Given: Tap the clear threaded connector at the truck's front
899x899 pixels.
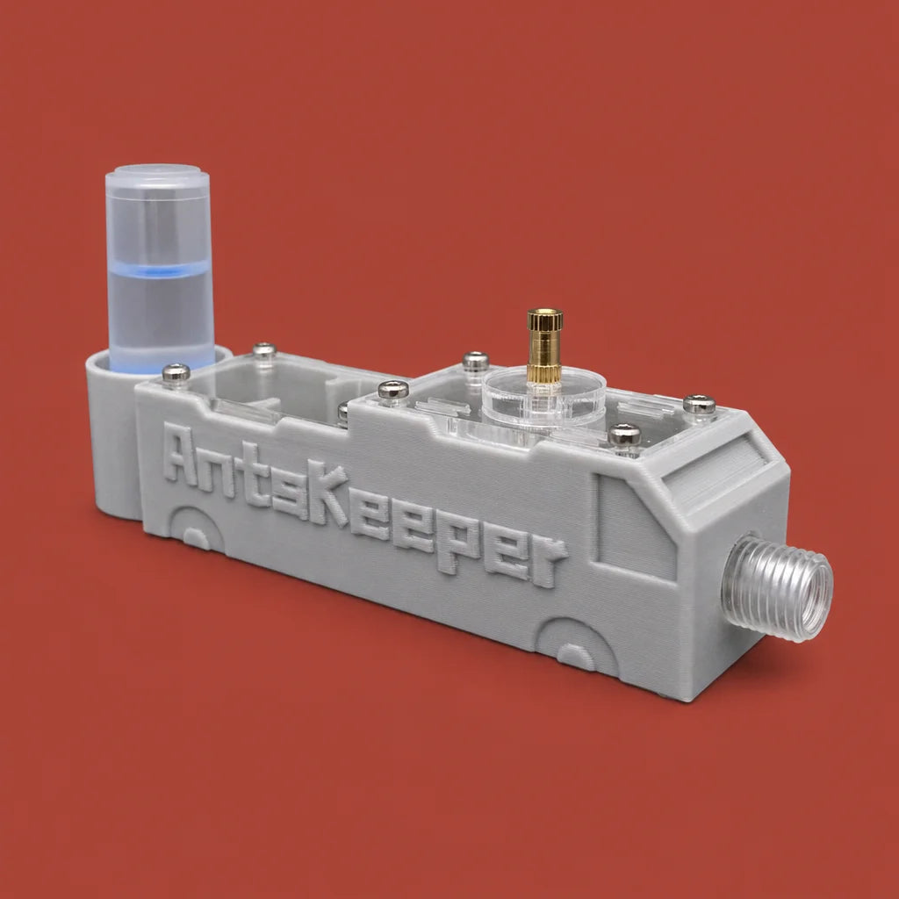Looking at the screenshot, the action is (x=778, y=587).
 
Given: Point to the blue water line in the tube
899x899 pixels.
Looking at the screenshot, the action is (x=160, y=270).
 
